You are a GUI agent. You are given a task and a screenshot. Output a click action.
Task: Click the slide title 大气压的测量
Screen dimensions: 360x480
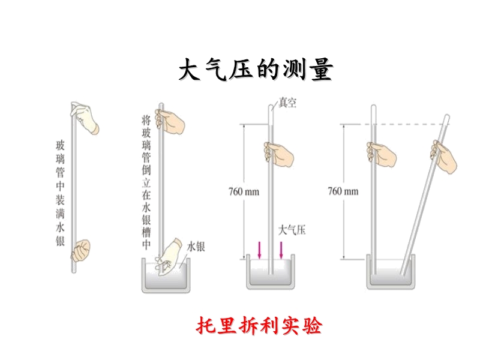click(256, 71)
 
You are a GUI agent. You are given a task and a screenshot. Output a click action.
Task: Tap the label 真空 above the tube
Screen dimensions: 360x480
click(287, 103)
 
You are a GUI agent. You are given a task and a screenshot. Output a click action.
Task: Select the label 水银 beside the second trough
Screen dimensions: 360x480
click(196, 246)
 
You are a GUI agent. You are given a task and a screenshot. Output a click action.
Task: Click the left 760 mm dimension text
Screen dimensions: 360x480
click(244, 192)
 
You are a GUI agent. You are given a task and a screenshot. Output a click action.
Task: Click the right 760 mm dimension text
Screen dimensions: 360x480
click(343, 191)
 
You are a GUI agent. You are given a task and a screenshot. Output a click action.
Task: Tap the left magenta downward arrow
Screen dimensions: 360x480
click(259, 249)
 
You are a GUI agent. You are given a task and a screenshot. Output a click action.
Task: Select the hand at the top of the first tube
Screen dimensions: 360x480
click(86, 118)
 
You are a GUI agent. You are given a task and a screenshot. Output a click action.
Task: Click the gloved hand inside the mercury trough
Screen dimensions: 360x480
click(170, 254)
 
